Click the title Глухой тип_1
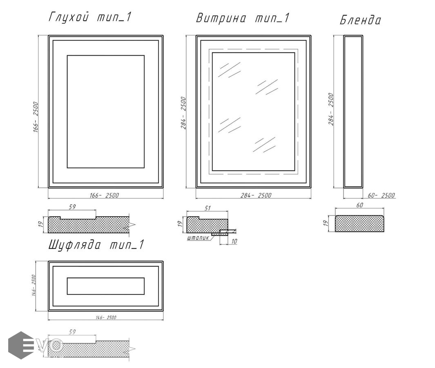tap(89, 17)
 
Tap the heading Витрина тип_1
tap(243, 18)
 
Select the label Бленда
tap(360, 20)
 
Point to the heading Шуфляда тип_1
tap(96, 245)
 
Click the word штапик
tap(199, 238)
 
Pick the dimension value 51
tap(207, 208)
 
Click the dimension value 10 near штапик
tap(234, 241)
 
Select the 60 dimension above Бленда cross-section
tap(359, 205)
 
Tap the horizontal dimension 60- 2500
tap(381, 195)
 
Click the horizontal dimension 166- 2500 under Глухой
tap(104, 195)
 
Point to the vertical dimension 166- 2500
tap(36, 117)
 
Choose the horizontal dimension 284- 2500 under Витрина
tap(256, 195)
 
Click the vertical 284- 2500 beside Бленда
tap(331, 109)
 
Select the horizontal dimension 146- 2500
tap(106, 317)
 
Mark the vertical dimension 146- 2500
tap(33, 285)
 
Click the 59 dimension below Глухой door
tap(72, 207)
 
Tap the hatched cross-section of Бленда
tap(359, 224)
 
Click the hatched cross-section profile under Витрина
tap(207, 226)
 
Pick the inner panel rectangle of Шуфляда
tap(106, 286)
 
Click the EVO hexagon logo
tap(21, 345)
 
